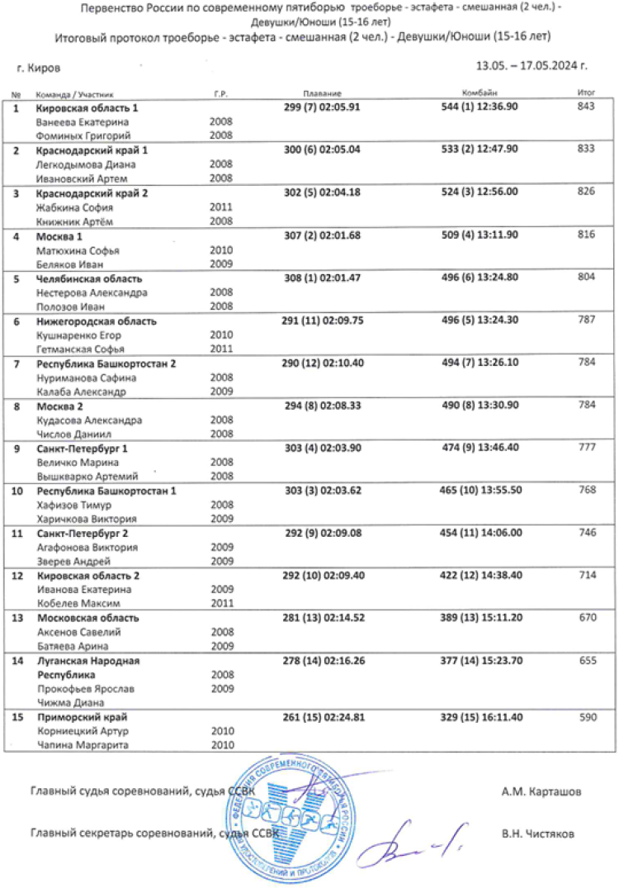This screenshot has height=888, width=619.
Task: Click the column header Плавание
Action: (x=317, y=95)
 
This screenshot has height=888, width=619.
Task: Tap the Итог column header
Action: (x=587, y=95)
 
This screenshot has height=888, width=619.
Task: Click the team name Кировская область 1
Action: (x=87, y=108)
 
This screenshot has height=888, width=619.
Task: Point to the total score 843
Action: (x=587, y=107)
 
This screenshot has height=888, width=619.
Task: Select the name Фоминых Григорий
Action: (x=83, y=135)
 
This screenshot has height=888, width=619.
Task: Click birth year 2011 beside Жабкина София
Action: (x=221, y=207)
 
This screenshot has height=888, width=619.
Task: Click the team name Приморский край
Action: (x=81, y=717)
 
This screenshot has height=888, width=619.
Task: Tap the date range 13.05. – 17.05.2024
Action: (x=532, y=65)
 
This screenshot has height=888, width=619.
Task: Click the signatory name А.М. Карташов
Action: (x=541, y=792)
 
